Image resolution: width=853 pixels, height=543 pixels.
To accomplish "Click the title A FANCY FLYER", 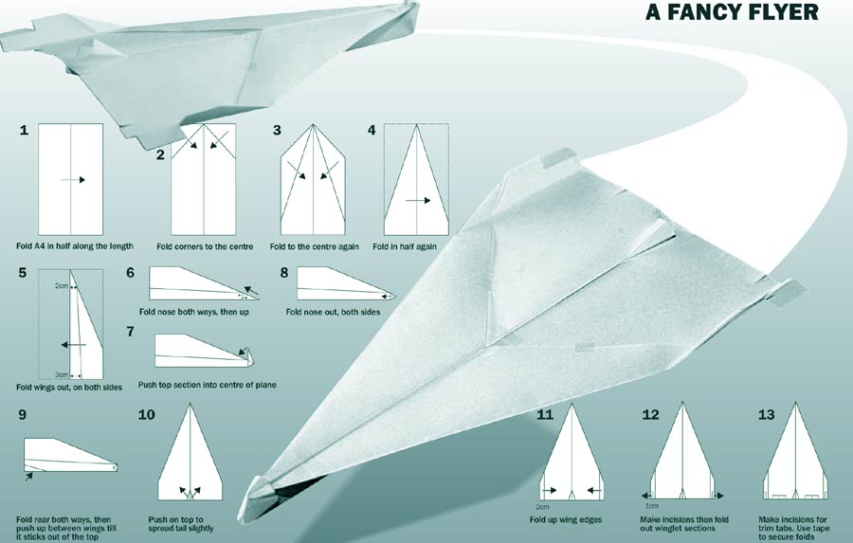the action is [732, 12].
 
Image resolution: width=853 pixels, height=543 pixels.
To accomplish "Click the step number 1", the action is [24, 131].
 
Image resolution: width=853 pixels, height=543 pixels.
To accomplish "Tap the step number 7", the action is [130, 332].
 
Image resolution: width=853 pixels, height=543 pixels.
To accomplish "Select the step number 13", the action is [766, 415].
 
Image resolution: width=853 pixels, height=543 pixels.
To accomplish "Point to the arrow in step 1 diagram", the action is [73, 179].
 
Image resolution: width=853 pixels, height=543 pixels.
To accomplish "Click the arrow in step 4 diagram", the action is [418, 201].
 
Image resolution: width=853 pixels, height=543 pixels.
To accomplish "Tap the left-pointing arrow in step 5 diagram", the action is [73, 345].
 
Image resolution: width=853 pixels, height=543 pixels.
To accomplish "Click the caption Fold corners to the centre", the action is [205, 246].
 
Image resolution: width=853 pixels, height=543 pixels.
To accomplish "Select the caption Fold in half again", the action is [405, 246].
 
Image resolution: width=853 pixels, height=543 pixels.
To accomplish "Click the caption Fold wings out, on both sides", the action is [69, 388].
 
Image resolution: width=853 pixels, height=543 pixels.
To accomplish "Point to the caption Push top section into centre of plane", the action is [208, 385].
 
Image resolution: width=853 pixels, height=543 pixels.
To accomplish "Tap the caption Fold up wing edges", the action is [566, 519].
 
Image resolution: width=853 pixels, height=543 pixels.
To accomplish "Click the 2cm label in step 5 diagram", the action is [61, 285].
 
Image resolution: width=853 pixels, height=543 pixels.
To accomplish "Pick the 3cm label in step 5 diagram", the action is [62, 375].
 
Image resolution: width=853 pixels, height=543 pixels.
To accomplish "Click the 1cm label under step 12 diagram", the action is [652, 506].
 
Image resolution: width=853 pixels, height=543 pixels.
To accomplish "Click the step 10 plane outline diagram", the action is [190, 452].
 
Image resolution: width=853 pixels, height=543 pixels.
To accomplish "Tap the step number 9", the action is [23, 415].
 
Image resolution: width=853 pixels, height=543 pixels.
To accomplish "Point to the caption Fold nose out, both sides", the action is [333, 312].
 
